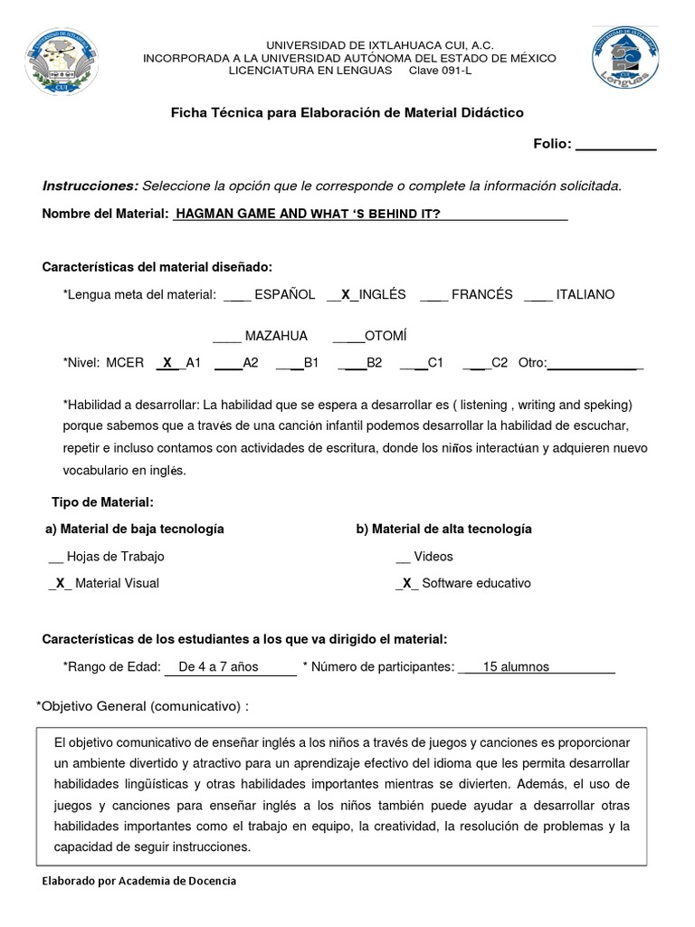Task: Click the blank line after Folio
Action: pos(615,144)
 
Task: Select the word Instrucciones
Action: pos(90,186)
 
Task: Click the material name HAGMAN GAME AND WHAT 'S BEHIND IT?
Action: pos(308,214)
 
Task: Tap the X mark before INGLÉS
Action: pos(345,294)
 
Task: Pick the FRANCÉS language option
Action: pos(481,294)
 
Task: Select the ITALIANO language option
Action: pos(585,294)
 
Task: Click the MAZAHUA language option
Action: pos(276,336)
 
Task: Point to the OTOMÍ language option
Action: pos(386,336)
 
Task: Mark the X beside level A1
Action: pos(167,363)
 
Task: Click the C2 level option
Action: pos(499,363)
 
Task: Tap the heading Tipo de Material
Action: pos(102,502)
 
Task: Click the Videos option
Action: pos(433,557)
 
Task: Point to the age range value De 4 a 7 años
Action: pos(218,667)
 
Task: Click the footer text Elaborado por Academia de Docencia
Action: pos(138,881)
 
